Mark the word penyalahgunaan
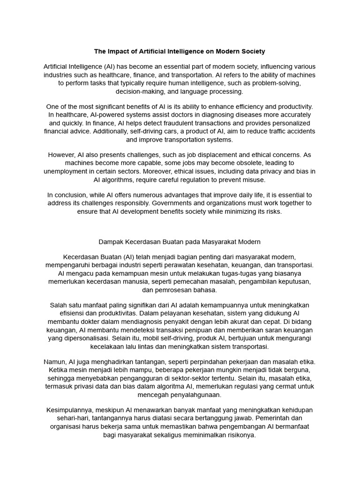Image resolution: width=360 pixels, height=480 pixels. click(180, 395)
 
